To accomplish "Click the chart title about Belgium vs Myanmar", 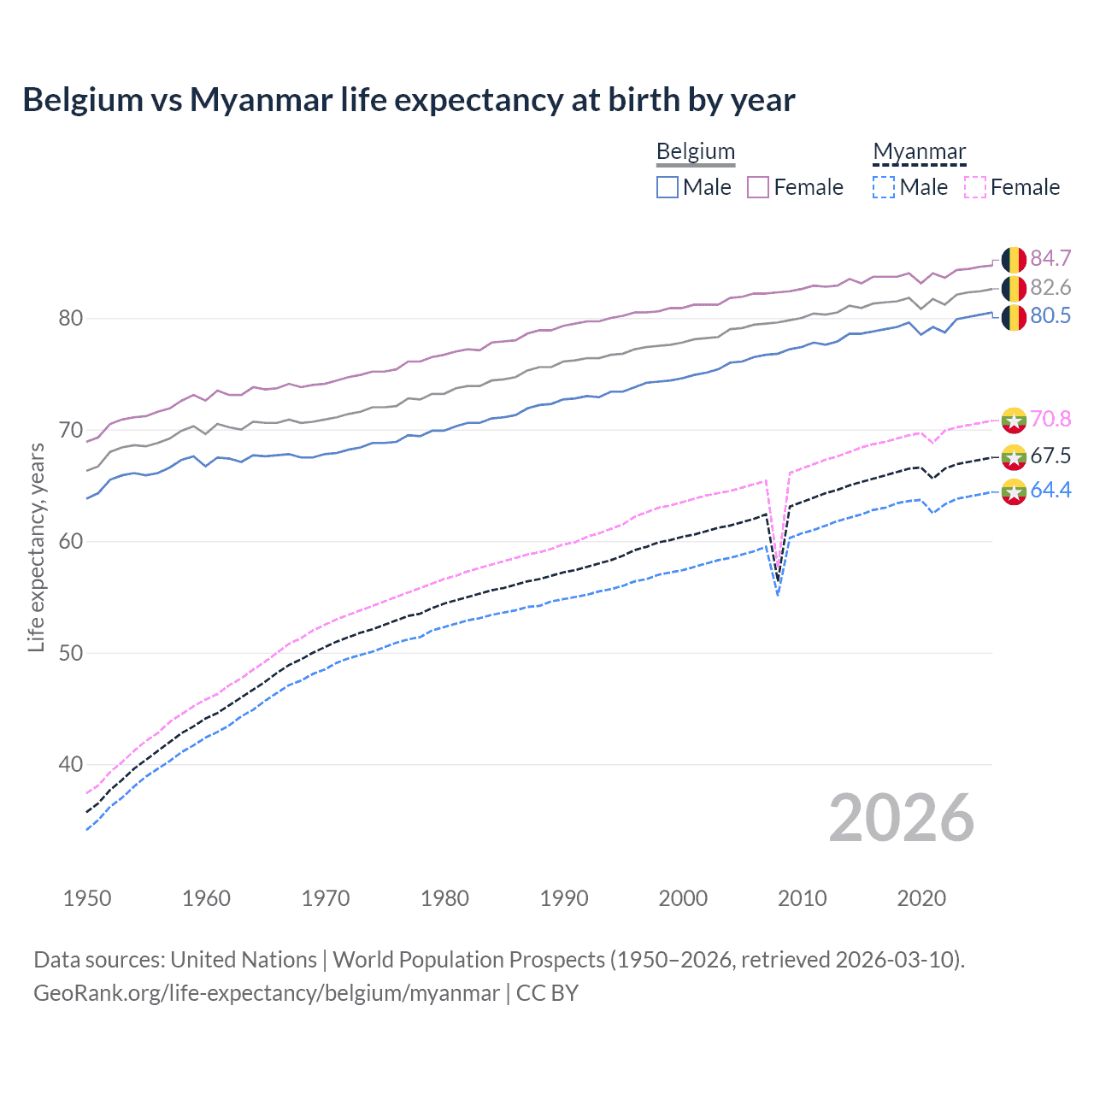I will click(x=409, y=100).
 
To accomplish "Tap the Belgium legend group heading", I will click(x=695, y=151).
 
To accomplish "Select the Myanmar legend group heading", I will click(x=919, y=151).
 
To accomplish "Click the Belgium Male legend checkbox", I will click(x=668, y=187).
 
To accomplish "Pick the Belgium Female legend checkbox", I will click(x=758, y=187).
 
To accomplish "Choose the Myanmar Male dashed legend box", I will click(x=884, y=187).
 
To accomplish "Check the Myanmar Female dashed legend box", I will click(x=975, y=187).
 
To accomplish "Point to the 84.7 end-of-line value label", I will click(x=1050, y=258).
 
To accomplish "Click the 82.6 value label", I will click(x=1050, y=287).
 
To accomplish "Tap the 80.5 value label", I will click(x=1050, y=315).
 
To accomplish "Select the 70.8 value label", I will click(x=1050, y=419).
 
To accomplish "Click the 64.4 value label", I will click(x=1050, y=490).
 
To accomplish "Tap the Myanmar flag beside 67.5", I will click(x=1014, y=456).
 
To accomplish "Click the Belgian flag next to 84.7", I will click(x=1014, y=259).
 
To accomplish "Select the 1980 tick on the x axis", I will click(x=444, y=898).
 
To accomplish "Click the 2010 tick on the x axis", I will click(x=802, y=898).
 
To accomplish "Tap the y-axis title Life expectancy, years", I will click(x=37, y=547).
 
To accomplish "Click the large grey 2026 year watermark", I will click(x=901, y=818).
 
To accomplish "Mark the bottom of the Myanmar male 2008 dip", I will click(x=778, y=594).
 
